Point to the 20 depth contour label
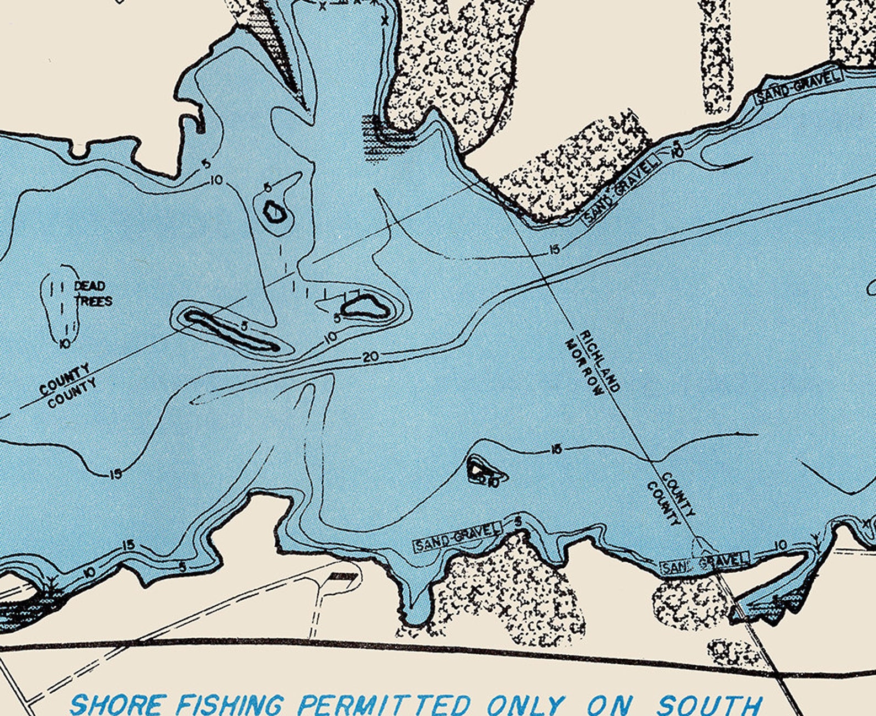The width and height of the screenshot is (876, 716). (x=371, y=357)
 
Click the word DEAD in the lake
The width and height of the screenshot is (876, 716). (x=89, y=286)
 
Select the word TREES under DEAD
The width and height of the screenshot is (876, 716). (x=93, y=301)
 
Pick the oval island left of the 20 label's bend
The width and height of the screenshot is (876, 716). (x=366, y=306)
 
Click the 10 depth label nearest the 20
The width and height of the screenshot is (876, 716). (x=330, y=338)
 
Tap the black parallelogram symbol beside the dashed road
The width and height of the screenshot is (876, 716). (x=343, y=577)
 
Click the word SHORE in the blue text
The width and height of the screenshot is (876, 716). (x=117, y=704)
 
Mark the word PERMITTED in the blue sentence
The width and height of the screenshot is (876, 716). (x=384, y=704)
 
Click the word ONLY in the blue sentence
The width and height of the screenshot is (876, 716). (x=525, y=704)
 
